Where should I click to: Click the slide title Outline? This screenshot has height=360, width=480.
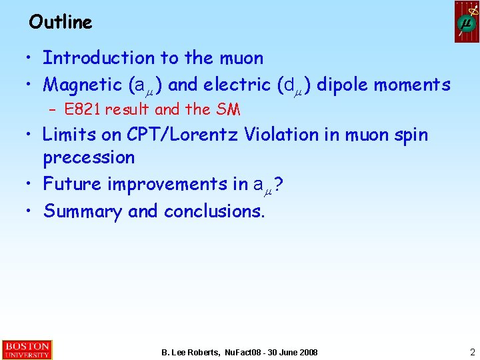pos(61,22)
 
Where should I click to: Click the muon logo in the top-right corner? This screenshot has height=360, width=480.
pos(467,22)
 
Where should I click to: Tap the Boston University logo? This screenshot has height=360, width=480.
pos(26,350)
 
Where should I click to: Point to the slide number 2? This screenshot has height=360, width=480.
pos(472,351)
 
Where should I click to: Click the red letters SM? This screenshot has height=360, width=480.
pos(228,109)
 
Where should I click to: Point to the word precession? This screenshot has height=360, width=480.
pos(89,158)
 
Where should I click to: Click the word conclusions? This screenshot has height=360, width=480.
pos(213,211)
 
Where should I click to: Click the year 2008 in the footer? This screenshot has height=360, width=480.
pos(307,352)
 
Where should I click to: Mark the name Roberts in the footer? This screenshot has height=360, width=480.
pos(205,352)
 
